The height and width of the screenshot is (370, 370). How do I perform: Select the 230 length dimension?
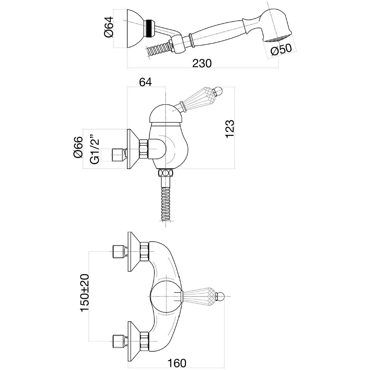202,63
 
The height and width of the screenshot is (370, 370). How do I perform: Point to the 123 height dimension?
229,128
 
